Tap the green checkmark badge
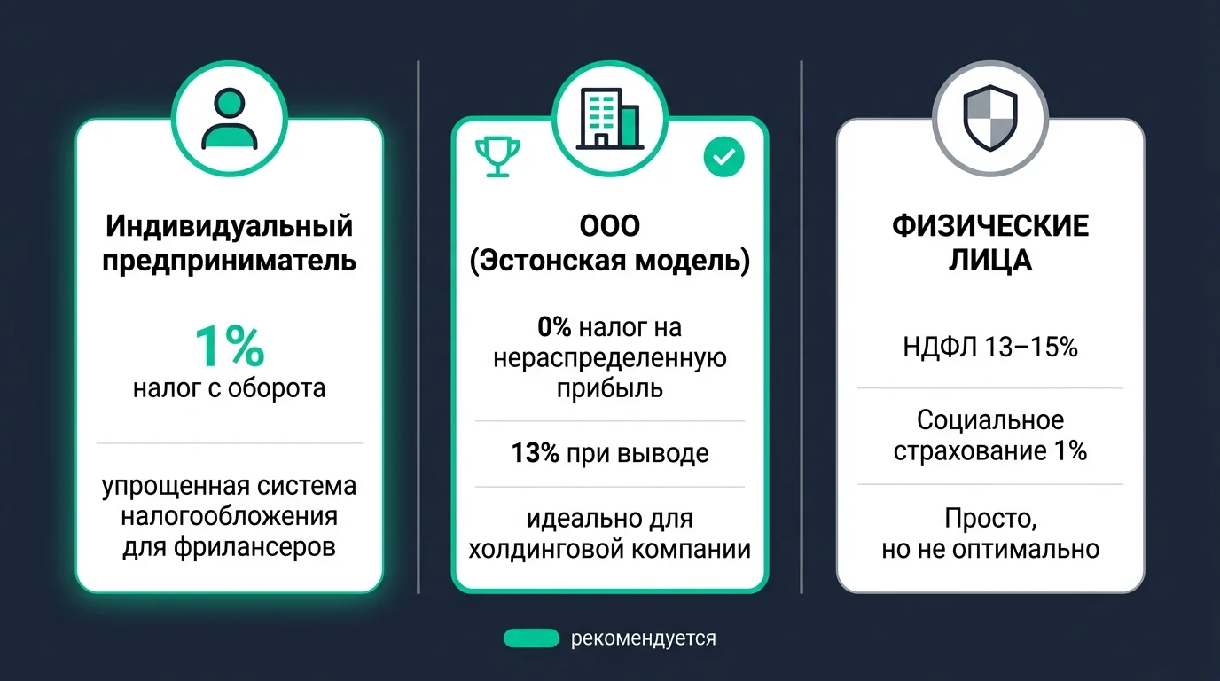pos(723,158)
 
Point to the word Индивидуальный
pos(230,225)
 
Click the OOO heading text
pos(609,226)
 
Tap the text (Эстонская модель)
pos(609,262)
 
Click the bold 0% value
pos(555,328)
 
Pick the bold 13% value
pos(535,454)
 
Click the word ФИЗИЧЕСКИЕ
pos(989,226)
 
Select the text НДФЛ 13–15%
pos(989,348)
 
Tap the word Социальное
pos(989,419)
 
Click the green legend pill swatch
pos(531,638)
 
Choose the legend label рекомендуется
pos(643,638)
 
